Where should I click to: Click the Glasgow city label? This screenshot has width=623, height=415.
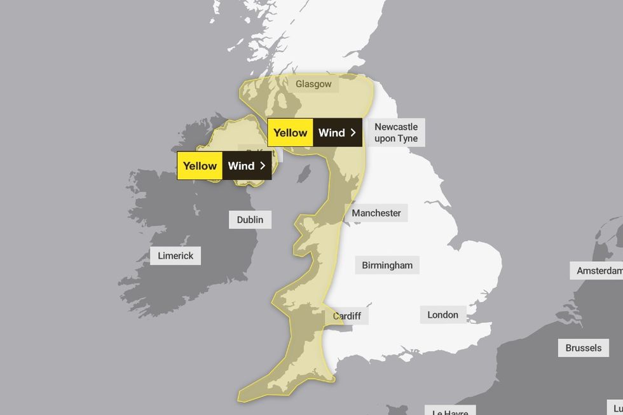point(313,84)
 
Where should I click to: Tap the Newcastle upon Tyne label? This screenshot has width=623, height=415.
point(396,133)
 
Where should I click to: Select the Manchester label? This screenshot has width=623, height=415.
point(376,214)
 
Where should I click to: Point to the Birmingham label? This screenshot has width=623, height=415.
point(387,266)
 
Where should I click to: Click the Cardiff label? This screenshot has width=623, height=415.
point(347,316)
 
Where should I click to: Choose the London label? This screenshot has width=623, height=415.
point(442,315)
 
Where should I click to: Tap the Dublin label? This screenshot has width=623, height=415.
point(250,220)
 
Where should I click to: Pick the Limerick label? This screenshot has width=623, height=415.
point(175,256)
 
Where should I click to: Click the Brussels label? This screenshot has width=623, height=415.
point(583,348)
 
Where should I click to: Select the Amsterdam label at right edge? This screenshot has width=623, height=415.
point(598,271)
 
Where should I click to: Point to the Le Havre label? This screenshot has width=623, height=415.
point(450,411)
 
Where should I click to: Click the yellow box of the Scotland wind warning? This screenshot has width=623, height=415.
point(291,133)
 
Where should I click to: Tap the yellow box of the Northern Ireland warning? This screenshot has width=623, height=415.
point(200,166)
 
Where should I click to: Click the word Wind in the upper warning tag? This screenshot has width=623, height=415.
point(331,133)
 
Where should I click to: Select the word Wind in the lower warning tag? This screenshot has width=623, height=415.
point(241,166)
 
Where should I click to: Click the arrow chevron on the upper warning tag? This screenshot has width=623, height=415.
point(353,133)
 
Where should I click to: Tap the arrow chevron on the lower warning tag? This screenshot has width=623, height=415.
point(263,166)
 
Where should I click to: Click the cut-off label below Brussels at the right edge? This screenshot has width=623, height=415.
point(617,407)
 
